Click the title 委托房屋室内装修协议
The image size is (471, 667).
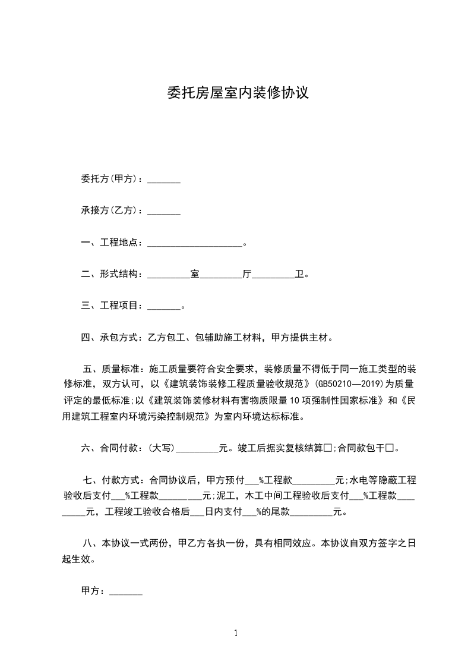[235, 93]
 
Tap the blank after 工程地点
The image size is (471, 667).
[194, 244]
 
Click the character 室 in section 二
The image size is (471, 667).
[194, 275]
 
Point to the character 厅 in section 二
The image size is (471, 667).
[247, 275]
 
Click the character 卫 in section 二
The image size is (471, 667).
[299, 275]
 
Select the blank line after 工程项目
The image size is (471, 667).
[163, 307]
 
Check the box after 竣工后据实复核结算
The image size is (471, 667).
[327, 448]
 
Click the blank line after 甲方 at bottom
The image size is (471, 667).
[126, 592]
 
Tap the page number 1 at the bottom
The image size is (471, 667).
[236, 633]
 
